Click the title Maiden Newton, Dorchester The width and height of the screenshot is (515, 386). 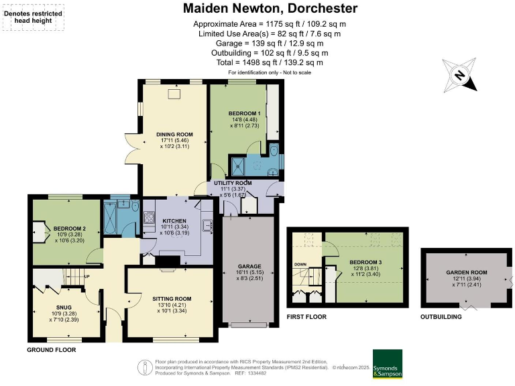tap(270, 9)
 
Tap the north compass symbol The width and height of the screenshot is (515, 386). tap(460, 75)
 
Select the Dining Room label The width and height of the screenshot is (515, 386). tap(174, 134)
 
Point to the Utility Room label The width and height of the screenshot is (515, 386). tap(234, 183)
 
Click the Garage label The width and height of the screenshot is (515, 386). tap(248, 267)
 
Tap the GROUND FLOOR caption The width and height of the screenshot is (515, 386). tap(51, 350)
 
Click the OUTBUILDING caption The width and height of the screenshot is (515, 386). tap(441, 316)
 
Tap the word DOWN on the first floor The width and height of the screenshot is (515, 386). tap(300, 264)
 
